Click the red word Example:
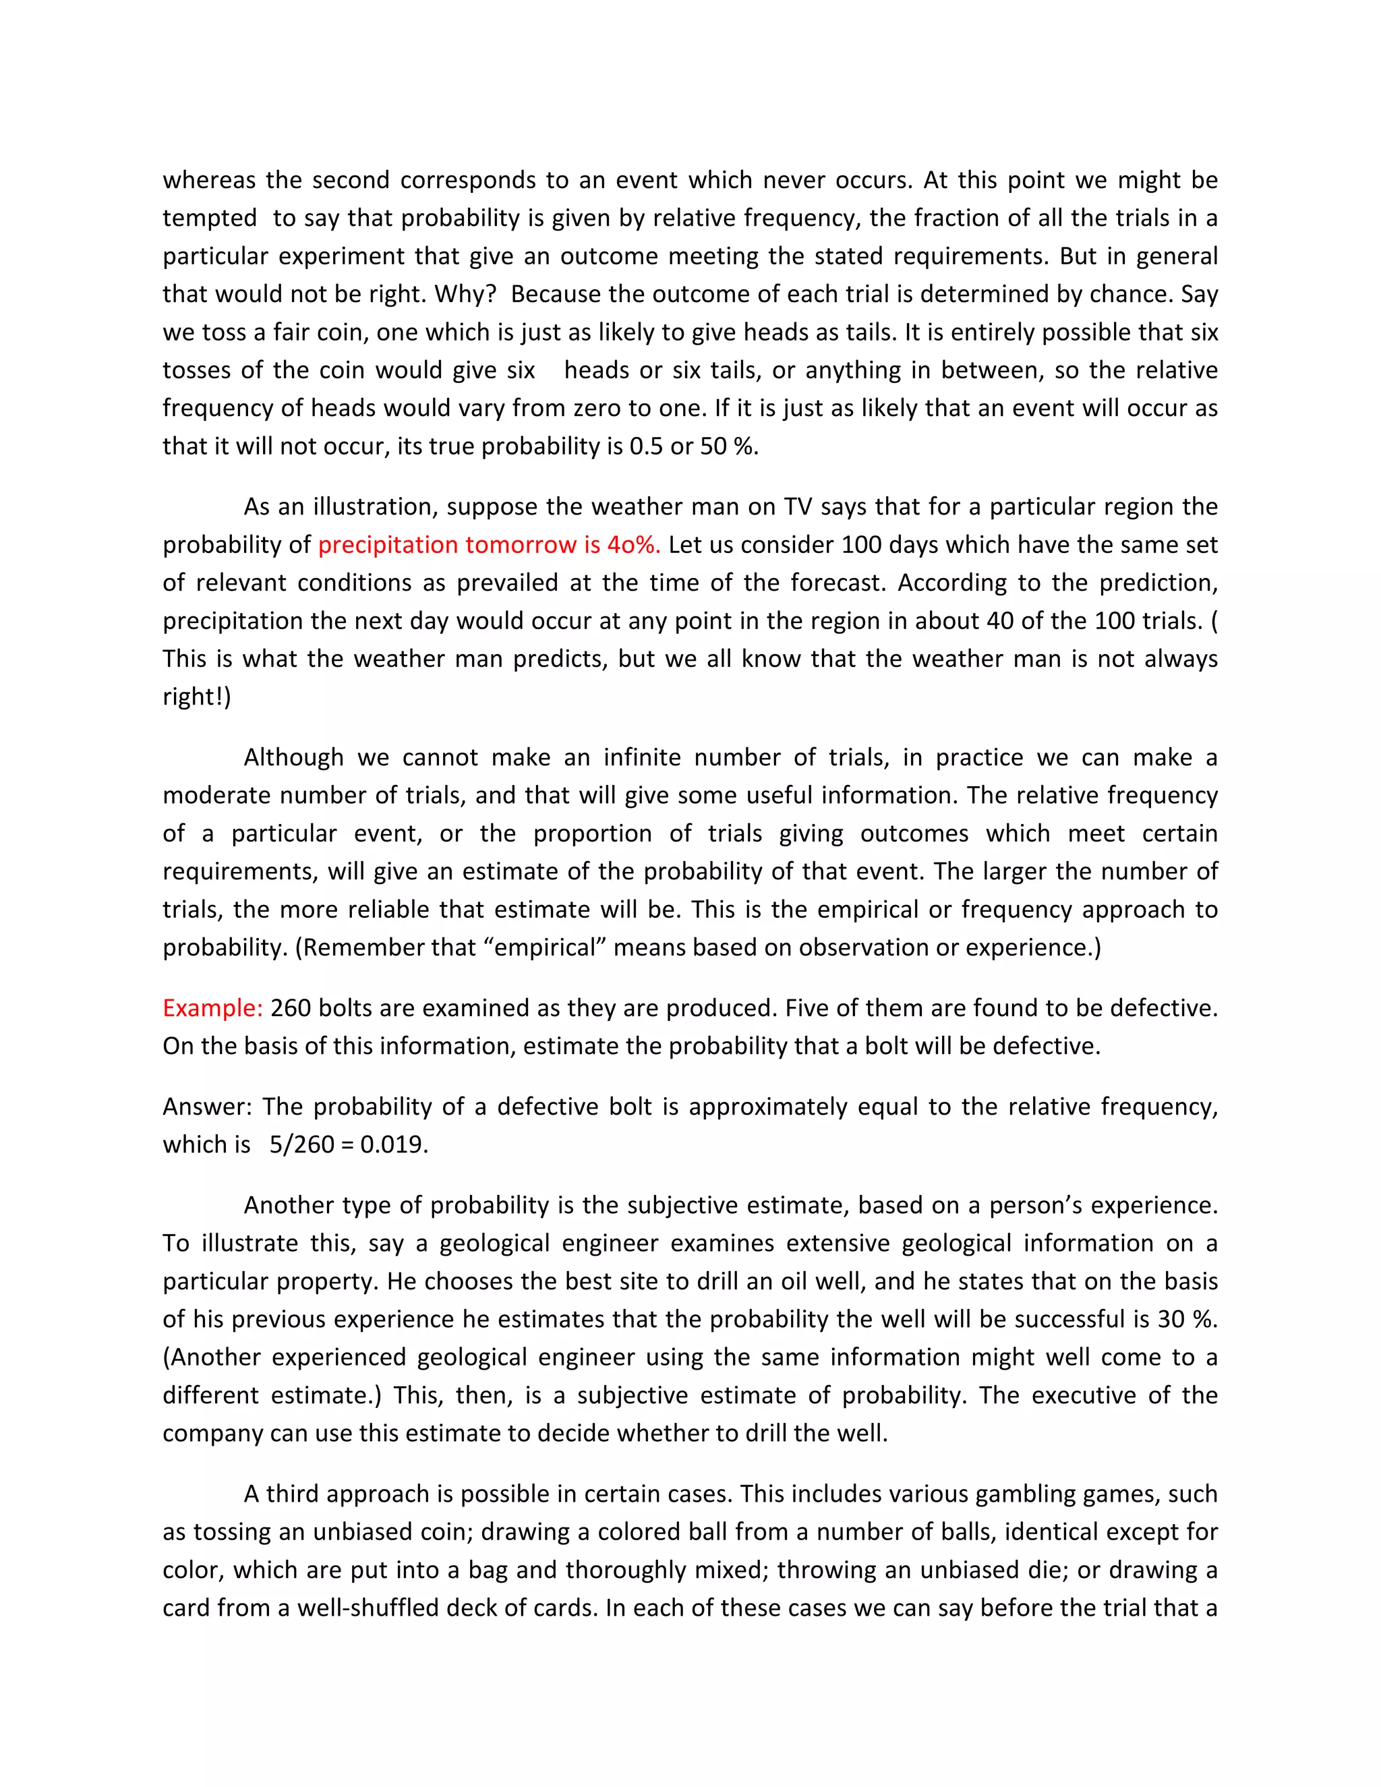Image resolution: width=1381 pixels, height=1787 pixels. tap(212, 1008)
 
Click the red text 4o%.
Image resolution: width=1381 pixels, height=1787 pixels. tap(633, 545)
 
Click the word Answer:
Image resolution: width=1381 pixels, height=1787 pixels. tap(207, 1107)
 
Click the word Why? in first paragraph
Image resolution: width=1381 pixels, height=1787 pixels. tap(465, 294)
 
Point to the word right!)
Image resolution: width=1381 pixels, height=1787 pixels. tap(196, 697)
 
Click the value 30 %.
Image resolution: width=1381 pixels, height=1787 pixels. tap(1187, 1319)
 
